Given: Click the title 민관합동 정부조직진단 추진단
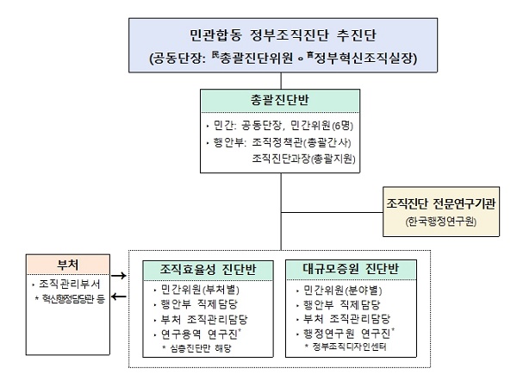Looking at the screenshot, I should click(282, 36).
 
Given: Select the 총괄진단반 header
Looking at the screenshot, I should click(281, 99).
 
